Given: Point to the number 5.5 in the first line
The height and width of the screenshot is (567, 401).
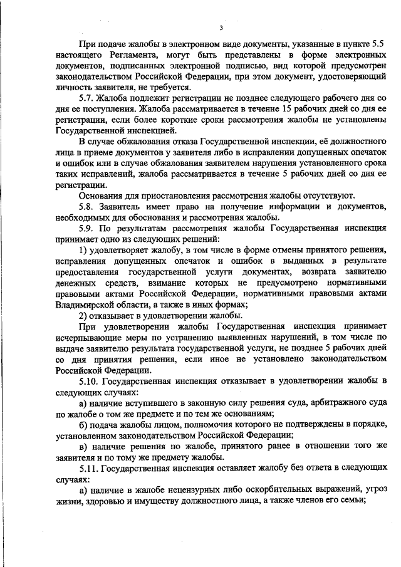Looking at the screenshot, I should (377, 45).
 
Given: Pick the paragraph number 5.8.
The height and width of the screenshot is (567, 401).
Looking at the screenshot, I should (86, 206).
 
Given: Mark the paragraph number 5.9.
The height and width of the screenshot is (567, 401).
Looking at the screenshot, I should (86, 228).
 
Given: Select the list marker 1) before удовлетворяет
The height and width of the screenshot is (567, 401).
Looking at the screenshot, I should (83, 250).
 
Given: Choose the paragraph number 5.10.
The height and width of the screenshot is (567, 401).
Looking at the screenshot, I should (88, 381).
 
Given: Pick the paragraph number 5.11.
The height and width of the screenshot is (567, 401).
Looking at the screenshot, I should (88, 468).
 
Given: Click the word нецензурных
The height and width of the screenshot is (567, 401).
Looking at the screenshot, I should (179, 490).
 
